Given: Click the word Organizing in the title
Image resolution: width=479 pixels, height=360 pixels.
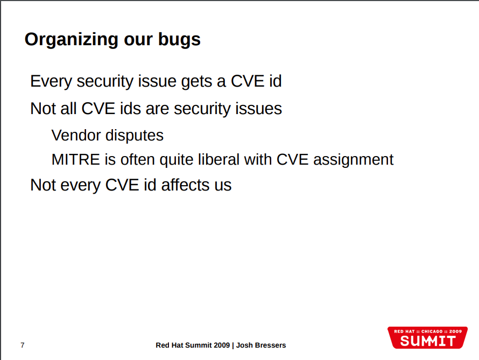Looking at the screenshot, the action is point(71,40).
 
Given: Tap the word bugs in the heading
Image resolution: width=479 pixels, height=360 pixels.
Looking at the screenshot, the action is point(179,40).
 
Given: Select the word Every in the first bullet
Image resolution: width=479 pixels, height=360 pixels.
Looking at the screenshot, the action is point(51,82).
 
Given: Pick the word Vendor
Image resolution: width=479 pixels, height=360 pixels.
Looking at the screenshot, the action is point(76,135).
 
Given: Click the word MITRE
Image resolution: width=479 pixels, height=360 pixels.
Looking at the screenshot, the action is point(76,159).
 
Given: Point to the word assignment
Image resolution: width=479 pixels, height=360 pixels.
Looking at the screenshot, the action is point(354,160).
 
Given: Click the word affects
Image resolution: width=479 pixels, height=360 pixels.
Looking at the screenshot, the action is point(186,185).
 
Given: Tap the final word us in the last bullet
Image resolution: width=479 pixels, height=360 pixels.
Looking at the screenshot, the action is point(223,186).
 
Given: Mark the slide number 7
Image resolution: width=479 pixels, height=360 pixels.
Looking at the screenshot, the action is point(22,345).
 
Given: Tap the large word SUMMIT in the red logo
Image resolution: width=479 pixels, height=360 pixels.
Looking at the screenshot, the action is point(428,341).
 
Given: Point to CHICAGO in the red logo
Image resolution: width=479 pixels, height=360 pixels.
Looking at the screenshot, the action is point(432,331).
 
